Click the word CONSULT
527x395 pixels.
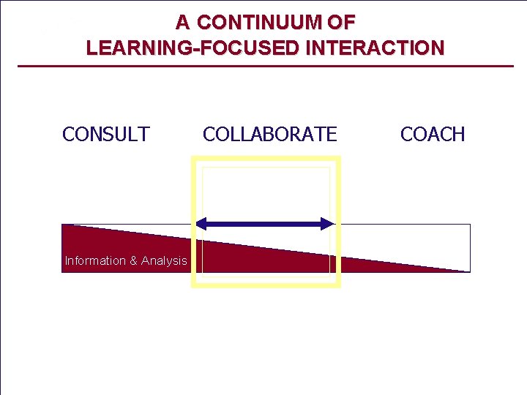pyautogui.click(x=106, y=135)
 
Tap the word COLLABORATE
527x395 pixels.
pyautogui.click(x=269, y=135)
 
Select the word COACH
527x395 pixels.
pyautogui.click(x=433, y=135)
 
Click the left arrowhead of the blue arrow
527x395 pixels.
pyautogui.click(x=202, y=224)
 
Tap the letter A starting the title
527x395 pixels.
pyautogui.click(x=182, y=23)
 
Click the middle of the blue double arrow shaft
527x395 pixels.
pyautogui.click(x=265, y=224)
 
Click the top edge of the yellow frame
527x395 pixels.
pyautogui.click(x=266, y=158)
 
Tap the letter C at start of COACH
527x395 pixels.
pyautogui.click(x=406, y=135)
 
